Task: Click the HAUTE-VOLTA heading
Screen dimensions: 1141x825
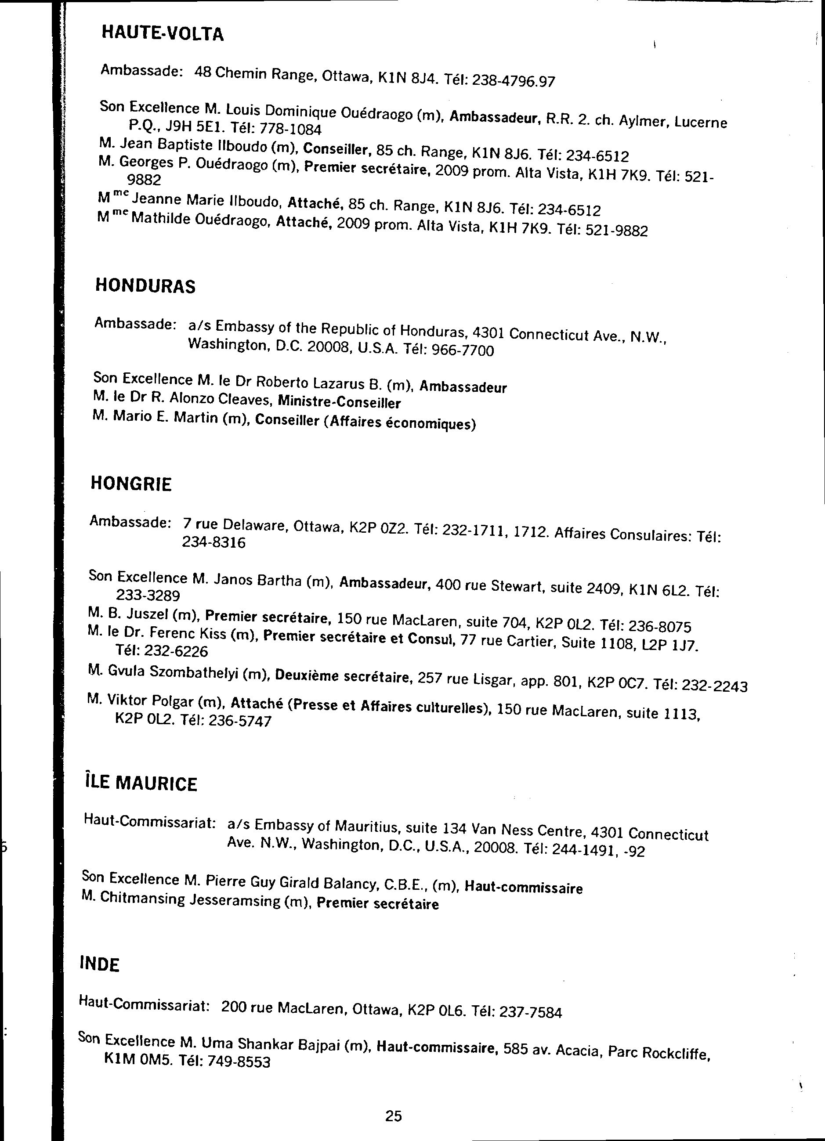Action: pos(162,34)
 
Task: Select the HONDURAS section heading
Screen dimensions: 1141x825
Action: pos(145,286)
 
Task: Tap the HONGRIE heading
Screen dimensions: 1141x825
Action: pos(131,484)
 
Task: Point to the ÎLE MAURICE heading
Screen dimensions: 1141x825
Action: pos(141,784)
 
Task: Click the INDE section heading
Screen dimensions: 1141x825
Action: pos(100,964)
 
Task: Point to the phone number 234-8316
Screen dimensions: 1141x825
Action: pos(213,542)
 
